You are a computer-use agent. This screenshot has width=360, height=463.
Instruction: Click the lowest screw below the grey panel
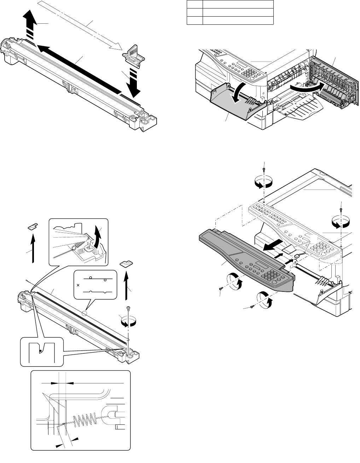point(252,307)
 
